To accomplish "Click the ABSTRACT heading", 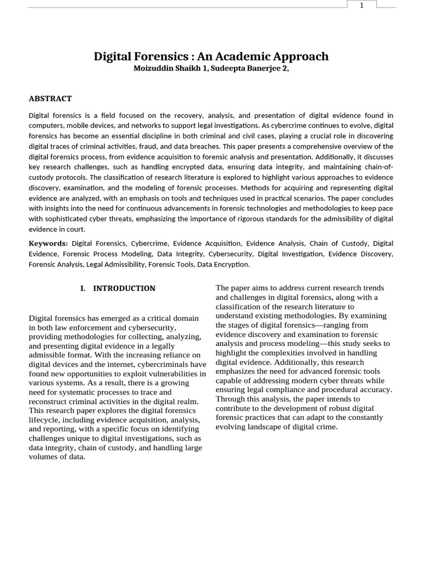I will coord(50,99).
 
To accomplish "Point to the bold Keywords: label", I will coord(48,243).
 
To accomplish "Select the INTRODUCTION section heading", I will coord(124,288).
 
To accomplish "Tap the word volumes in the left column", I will coord(42,457).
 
